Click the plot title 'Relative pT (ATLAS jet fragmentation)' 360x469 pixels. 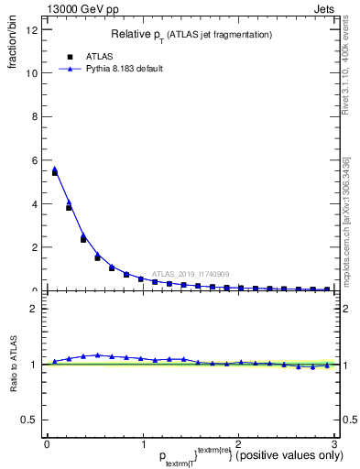191,34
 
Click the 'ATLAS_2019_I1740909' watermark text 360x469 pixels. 191,274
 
